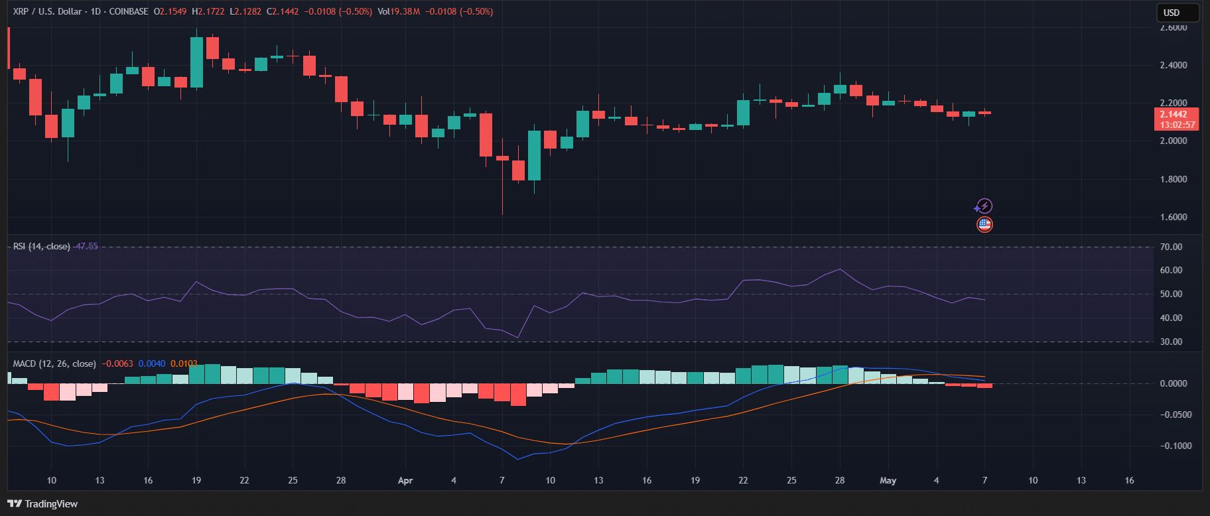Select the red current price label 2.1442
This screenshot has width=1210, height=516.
click(1177, 114)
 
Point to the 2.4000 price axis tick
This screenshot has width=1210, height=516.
click(1174, 65)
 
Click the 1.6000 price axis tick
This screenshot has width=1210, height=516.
click(1174, 217)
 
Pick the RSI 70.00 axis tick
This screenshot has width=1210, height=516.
click(1171, 247)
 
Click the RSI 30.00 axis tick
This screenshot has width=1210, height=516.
click(1171, 342)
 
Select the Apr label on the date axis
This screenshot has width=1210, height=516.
click(405, 480)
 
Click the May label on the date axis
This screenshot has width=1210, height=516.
click(888, 480)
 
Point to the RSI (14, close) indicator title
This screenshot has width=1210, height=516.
click(41, 246)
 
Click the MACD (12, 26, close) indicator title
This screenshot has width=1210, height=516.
click(54, 363)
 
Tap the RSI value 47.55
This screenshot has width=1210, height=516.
click(87, 246)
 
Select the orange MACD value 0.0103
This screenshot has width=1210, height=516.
click(184, 363)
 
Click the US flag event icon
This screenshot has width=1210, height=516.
click(984, 224)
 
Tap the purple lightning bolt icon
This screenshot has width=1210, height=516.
click(984, 206)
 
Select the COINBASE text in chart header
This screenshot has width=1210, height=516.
click(127, 11)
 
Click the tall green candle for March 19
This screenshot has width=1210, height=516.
click(196, 62)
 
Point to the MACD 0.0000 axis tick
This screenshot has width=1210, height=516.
click(1174, 383)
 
